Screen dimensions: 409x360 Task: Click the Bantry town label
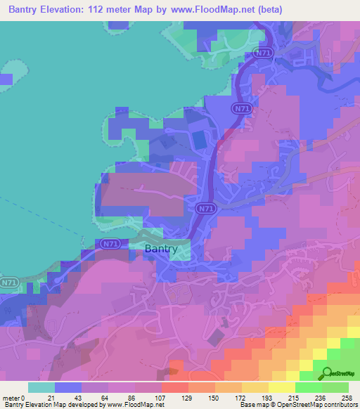(161, 249)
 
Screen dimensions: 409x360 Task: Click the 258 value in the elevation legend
(347, 398)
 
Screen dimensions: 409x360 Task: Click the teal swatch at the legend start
(41, 387)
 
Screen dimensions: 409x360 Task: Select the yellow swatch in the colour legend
(281, 387)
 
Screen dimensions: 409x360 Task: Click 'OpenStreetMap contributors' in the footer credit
(321, 405)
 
